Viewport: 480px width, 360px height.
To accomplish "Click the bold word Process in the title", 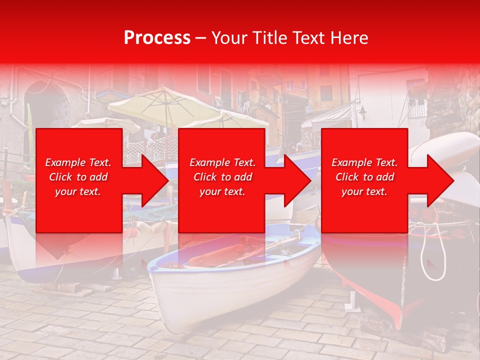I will (157, 38).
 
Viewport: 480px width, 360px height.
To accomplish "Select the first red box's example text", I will (78, 177).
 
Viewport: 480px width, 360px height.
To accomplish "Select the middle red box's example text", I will (222, 177).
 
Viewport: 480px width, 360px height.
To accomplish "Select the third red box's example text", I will (364, 177).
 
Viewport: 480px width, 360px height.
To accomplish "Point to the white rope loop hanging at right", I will (433, 252).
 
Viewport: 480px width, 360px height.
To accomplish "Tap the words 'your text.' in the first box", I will (78, 191).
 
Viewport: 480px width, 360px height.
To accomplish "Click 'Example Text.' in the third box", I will (364, 162).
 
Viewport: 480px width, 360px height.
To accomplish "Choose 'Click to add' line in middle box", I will (222, 177).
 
